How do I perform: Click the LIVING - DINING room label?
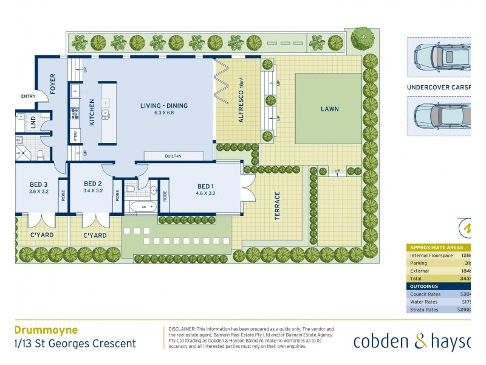(x=163, y=106)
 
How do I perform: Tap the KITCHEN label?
(x=92, y=112)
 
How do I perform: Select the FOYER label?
(x=53, y=84)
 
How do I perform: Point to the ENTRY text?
(x=28, y=96)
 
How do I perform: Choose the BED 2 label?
(x=92, y=183)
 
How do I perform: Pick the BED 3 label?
(x=38, y=184)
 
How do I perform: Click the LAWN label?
(x=330, y=109)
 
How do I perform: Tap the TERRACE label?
(x=277, y=206)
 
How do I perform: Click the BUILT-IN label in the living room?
(x=173, y=156)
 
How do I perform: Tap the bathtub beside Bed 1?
(x=143, y=207)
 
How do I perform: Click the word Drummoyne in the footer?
(x=46, y=330)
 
